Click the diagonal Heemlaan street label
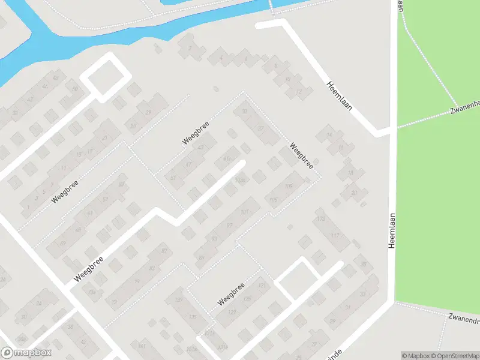[x=339, y=96]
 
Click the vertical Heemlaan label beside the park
[x=392, y=230]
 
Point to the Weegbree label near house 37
[x=301, y=155]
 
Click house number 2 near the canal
[x=190, y=47]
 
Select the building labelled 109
[x=289, y=187]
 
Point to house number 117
[x=335, y=235]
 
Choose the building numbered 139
[x=178, y=299]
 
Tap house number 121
[x=262, y=286]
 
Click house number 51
[x=174, y=178]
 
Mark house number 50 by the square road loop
[x=75, y=89]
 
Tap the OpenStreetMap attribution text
[x=459, y=356]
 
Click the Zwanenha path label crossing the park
[x=466, y=106]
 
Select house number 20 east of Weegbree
[x=354, y=193]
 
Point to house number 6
[x=275, y=66]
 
